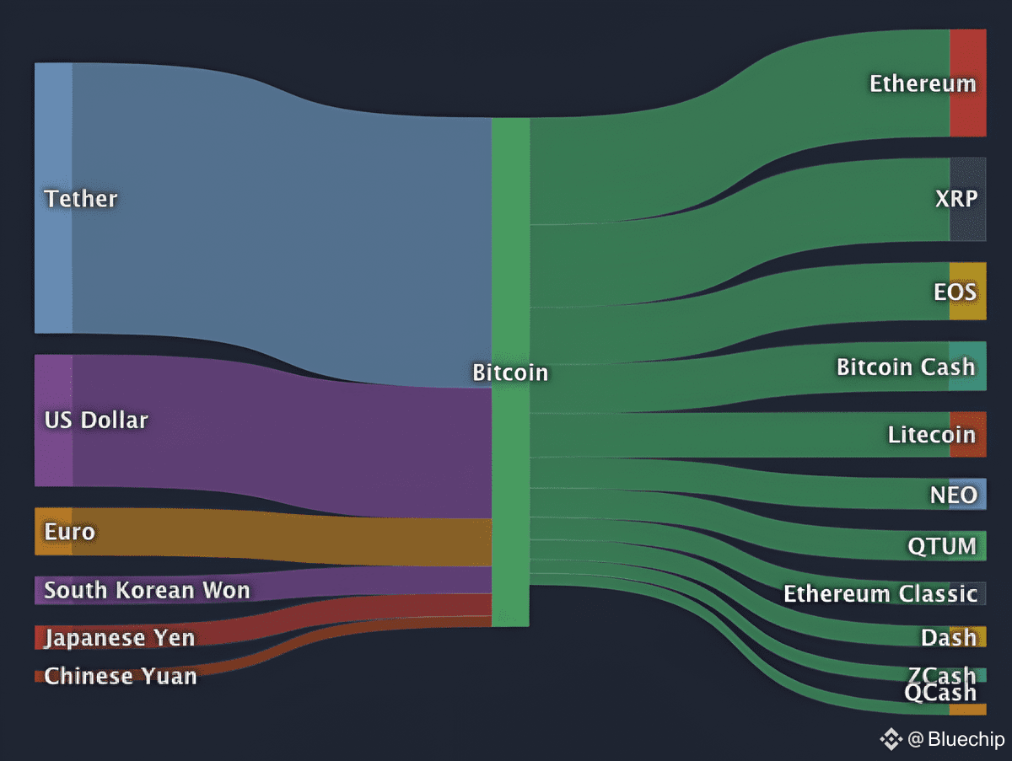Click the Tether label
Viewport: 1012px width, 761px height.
pos(81,199)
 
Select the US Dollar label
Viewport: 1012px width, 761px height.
pos(96,421)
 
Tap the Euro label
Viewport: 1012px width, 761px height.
pos(70,532)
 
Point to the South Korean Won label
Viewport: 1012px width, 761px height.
pos(147,590)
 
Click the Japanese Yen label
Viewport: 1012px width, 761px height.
pos(120,639)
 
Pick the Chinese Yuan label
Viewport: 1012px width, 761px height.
pos(121,676)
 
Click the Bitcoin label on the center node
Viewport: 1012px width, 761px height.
pos(510,372)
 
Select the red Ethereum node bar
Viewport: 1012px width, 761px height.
pos(968,83)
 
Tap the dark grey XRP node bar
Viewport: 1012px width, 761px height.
pos(968,199)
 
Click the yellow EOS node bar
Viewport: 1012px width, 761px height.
pos(968,291)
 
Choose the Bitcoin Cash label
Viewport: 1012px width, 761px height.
pos(906,367)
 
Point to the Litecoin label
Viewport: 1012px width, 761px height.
pos(932,434)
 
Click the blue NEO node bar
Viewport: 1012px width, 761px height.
pos(968,494)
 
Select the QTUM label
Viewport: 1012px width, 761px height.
pos(942,546)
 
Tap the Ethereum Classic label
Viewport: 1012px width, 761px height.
pos(880,594)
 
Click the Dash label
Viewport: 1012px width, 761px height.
pos(949,638)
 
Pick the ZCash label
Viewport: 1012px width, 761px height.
pos(942,674)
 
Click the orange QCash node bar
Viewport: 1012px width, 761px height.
pos(968,710)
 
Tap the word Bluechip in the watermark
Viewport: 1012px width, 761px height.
pos(966,739)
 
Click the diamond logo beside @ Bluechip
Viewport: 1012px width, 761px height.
pos(891,739)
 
